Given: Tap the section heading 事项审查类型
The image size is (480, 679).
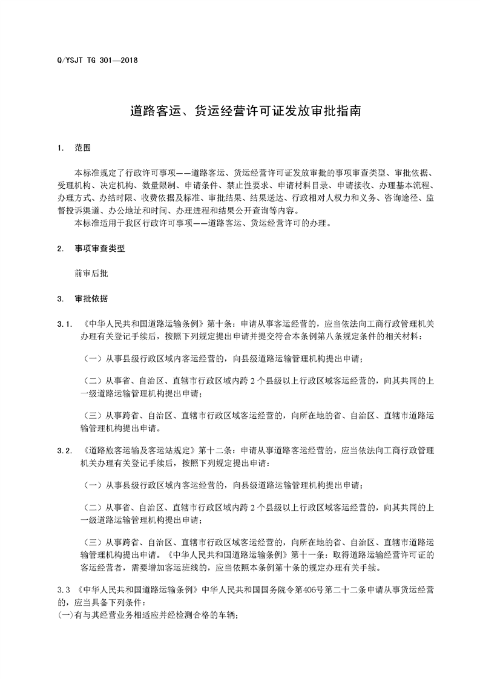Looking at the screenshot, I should click(100, 249).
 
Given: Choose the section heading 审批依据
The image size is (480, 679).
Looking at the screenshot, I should click(91, 298).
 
